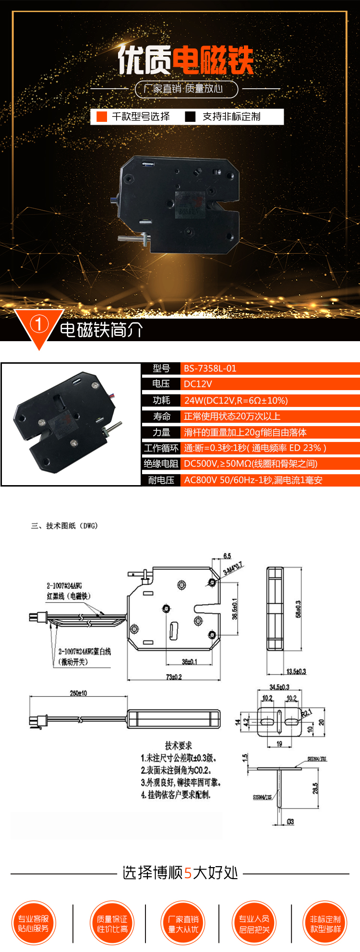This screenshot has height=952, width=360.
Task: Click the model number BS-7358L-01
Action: (210, 369)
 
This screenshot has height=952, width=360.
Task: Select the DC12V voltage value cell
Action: (198, 384)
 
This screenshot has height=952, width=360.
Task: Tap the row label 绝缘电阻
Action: (161, 464)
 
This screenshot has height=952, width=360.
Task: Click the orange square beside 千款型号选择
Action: (102, 117)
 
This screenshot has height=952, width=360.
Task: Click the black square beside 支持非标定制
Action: (191, 117)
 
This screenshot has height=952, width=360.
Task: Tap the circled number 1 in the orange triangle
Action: (39, 324)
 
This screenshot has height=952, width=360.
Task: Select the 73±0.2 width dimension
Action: (174, 677)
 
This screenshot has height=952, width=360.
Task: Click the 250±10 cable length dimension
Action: (78, 693)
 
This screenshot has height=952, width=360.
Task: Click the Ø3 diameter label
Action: (290, 822)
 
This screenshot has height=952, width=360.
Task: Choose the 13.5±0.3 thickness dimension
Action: (296, 671)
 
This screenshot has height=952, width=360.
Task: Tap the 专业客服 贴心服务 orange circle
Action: (34, 923)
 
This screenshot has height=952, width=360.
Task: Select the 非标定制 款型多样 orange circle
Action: (325, 923)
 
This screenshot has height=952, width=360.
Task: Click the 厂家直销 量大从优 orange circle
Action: (183, 923)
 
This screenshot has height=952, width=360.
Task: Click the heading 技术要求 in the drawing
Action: (179, 745)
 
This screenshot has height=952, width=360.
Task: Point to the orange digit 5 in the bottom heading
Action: (188, 872)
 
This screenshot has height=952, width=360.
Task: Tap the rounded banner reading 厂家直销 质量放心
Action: (186, 89)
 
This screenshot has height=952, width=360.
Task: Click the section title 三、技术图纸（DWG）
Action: (64, 526)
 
